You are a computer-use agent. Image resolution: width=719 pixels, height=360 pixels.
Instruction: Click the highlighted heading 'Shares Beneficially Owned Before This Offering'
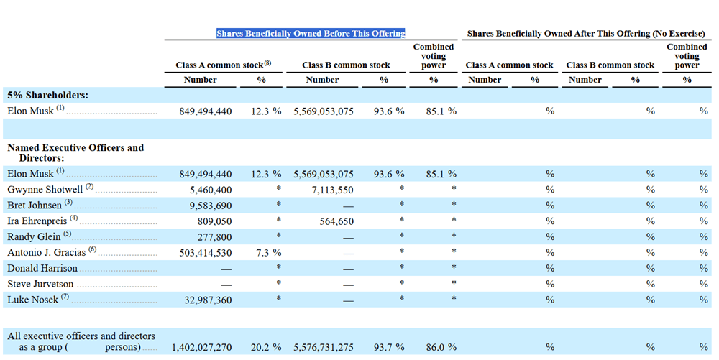[x=311, y=34]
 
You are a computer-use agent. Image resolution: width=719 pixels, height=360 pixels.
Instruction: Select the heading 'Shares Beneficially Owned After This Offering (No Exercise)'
[x=586, y=34]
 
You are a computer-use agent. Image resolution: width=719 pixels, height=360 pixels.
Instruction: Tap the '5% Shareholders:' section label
[x=47, y=95]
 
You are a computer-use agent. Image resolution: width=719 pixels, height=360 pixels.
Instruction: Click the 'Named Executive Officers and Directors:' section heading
[x=75, y=153]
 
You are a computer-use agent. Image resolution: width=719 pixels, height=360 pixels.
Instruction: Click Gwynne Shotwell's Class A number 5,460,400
[x=211, y=190]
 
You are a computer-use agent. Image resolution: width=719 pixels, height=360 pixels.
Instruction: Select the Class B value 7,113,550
[x=332, y=190]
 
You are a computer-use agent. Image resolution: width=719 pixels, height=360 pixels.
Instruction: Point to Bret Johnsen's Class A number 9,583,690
[x=211, y=206]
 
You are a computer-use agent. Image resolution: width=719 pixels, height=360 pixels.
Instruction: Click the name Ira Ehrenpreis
[x=37, y=221]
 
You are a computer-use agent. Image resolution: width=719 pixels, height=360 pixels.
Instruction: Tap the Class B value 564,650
[x=336, y=221]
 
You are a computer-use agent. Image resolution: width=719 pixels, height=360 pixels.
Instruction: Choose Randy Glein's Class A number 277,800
[x=214, y=237]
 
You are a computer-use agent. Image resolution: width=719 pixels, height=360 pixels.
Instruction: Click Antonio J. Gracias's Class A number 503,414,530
[x=205, y=253]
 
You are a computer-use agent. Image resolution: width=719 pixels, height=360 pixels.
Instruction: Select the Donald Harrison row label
[x=42, y=268]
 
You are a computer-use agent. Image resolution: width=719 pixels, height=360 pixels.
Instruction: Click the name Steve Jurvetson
[x=40, y=284]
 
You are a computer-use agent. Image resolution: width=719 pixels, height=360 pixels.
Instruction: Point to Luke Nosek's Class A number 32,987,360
[x=209, y=300]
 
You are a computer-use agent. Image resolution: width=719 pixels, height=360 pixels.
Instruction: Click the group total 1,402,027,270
[x=202, y=347]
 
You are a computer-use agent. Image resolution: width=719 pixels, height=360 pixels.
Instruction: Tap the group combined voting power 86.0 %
[x=441, y=347]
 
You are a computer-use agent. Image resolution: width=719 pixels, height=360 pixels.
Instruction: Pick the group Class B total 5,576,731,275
[x=324, y=347]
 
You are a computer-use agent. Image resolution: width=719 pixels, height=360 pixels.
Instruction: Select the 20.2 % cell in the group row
[x=266, y=347]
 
